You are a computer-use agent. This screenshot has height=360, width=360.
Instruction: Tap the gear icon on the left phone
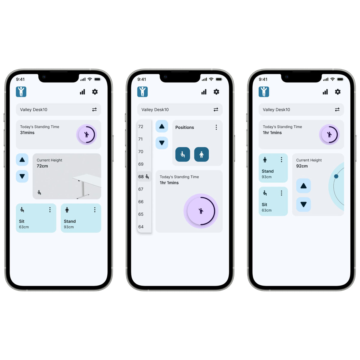[95, 92]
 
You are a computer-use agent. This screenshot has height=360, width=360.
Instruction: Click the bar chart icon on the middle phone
[204, 92]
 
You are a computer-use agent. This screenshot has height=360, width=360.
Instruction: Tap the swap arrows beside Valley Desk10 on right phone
[337, 109]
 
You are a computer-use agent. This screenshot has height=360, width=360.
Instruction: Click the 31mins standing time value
[27, 133]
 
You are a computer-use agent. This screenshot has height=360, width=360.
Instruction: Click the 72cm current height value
[42, 166]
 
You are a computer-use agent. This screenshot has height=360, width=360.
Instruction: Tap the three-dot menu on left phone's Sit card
[50, 210]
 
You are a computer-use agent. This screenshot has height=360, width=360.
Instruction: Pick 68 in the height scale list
[141, 177]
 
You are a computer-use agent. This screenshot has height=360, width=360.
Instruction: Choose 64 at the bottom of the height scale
[141, 227]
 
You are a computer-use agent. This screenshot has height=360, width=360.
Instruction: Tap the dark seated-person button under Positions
[183, 154]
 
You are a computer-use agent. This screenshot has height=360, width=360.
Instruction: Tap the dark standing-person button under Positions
[201, 154]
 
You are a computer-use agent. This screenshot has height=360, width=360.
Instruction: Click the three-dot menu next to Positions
[216, 127]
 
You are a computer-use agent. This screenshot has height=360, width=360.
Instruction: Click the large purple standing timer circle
[201, 211]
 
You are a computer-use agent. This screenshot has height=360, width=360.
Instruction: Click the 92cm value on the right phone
[302, 166]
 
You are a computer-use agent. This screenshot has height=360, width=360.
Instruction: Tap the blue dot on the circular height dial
[336, 176]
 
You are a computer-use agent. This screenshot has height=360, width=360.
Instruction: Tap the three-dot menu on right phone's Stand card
[281, 160]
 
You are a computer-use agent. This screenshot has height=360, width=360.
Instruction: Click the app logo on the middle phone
[142, 91]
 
